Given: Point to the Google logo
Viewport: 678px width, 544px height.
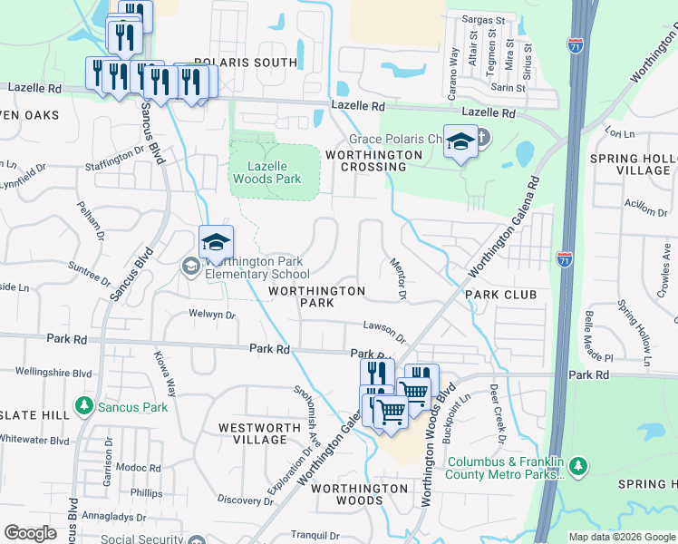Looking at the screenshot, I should coord(31,533).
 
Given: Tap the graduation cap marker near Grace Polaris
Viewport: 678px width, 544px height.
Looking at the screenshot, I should coord(460,143).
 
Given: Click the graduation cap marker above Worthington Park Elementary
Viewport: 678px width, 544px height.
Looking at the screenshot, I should coord(217,243).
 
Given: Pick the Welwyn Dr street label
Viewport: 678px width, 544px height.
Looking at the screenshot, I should coord(213,316).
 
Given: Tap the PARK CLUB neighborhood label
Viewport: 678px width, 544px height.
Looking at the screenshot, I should coord(500,295).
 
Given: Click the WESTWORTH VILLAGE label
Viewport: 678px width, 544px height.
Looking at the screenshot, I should coord(254,432).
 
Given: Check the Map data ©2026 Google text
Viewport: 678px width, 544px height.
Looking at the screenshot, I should coord(621,537).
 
